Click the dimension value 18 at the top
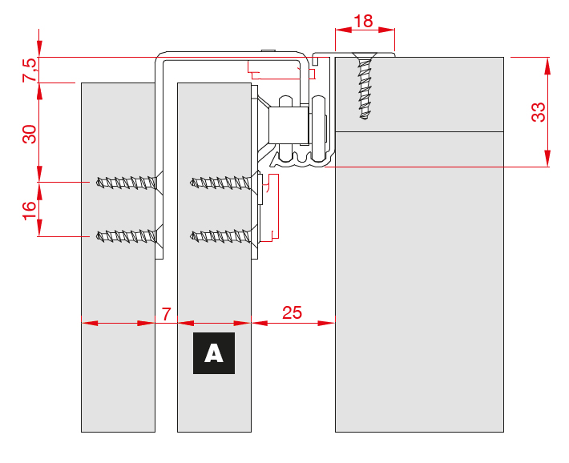[363, 21]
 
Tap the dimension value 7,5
[30, 70]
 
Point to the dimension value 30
[30, 134]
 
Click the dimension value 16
[30, 210]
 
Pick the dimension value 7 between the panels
[166, 313]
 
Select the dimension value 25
[293, 312]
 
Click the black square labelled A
[213, 353]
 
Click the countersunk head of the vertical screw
[365, 58]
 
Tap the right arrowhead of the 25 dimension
[328, 324]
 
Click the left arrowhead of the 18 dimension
[341, 30]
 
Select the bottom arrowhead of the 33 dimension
[548, 161]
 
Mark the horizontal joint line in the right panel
[419, 131]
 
